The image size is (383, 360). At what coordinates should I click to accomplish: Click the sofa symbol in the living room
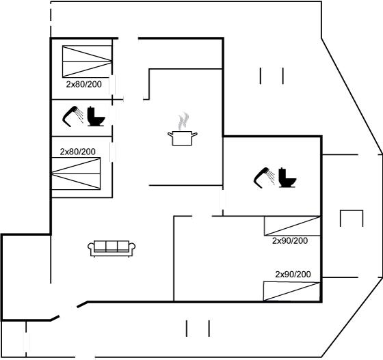111,248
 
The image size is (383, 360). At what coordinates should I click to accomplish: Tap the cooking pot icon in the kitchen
182,138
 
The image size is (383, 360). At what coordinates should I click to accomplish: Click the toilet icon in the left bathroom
96,116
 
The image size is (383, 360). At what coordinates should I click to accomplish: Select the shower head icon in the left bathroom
72,116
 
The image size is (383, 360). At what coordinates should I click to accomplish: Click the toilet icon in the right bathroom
287,178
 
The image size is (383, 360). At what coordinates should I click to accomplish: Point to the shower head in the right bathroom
264,178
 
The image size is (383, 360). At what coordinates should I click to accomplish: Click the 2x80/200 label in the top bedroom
83,85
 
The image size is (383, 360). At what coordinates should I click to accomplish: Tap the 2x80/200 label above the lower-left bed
78,152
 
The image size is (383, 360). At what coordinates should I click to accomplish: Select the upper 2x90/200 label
290,240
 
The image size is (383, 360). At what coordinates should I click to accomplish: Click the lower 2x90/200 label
293,275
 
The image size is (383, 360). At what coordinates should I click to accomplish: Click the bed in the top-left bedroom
88,61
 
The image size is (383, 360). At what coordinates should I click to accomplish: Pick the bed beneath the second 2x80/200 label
76,174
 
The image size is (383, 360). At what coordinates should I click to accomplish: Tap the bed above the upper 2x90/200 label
292,226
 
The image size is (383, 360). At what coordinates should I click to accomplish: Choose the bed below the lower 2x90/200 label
291,291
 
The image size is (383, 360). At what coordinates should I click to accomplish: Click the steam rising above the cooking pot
183,121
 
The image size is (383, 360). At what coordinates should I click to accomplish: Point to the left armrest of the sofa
90,247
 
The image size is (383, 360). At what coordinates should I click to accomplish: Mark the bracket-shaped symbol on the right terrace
352,218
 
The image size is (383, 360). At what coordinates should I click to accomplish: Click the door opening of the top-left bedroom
112,85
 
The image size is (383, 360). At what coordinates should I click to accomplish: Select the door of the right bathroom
222,200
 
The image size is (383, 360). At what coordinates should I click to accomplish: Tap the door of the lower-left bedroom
113,152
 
